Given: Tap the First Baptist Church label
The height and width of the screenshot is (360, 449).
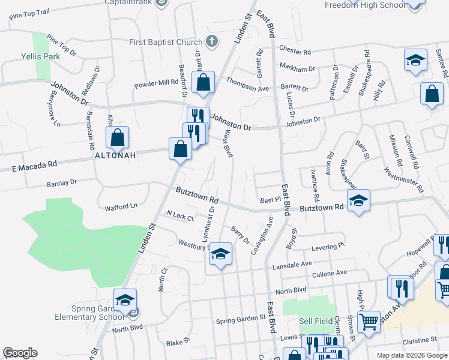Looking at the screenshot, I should [x=166, y=42].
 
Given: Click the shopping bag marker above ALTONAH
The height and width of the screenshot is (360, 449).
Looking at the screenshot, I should [x=118, y=138].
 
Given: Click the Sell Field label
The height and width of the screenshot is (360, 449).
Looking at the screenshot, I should [x=316, y=322].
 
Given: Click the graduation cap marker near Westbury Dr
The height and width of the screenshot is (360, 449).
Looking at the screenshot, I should [x=221, y=255].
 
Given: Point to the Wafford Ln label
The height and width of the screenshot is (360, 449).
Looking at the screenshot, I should [x=121, y=206].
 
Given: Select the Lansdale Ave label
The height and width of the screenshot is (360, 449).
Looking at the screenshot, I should [x=292, y=264].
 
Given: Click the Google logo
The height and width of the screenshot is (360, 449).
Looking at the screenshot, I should [x=20, y=353].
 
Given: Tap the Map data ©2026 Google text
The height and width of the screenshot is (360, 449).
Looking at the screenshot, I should [x=411, y=355].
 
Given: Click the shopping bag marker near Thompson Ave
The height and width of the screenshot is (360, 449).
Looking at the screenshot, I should [x=203, y=82].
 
